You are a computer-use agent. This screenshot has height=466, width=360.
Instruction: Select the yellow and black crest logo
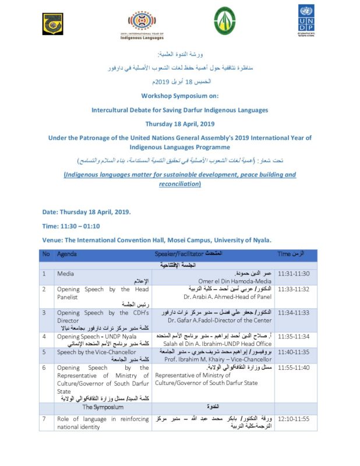coord(52,24)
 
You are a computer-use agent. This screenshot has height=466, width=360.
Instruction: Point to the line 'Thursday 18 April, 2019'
coord(179,123)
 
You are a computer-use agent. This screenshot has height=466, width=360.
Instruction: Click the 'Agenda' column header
coord(67,255)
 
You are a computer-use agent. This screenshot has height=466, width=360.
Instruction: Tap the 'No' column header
coord(46,255)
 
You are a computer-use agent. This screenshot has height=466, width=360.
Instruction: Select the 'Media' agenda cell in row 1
coord(65,273)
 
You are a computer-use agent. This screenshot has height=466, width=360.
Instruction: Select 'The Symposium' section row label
coord(103,407)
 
